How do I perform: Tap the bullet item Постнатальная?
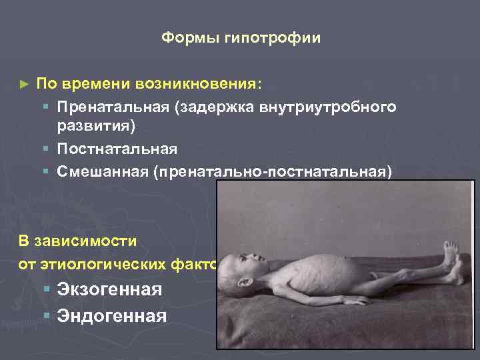pos(117,149)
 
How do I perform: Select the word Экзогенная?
pos(109,290)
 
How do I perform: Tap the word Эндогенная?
pos(111,315)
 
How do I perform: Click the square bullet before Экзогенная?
pos(45,290)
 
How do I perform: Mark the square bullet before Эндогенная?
pos(45,315)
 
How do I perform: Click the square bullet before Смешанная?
pos(45,171)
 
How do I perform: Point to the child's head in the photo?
pos(244,270)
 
